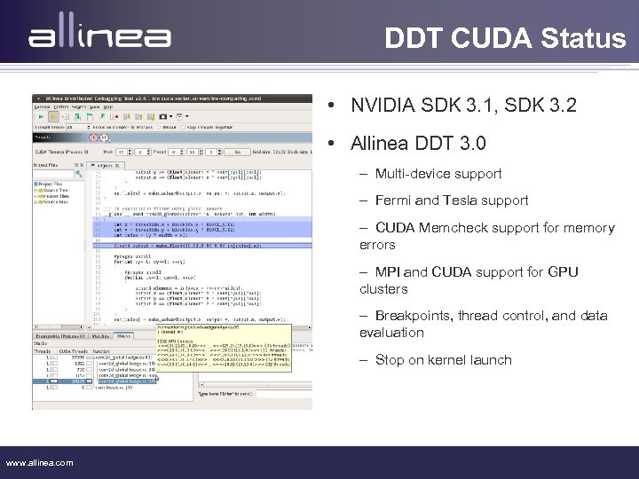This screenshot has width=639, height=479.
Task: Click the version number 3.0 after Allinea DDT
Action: coord(469,143)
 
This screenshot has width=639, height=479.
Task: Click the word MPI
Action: coord(388,271)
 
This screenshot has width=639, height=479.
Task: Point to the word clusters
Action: coord(383,288)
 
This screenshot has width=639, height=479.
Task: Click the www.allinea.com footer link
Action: coord(40,462)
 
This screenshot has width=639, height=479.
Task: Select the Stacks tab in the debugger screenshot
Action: coord(123,336)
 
